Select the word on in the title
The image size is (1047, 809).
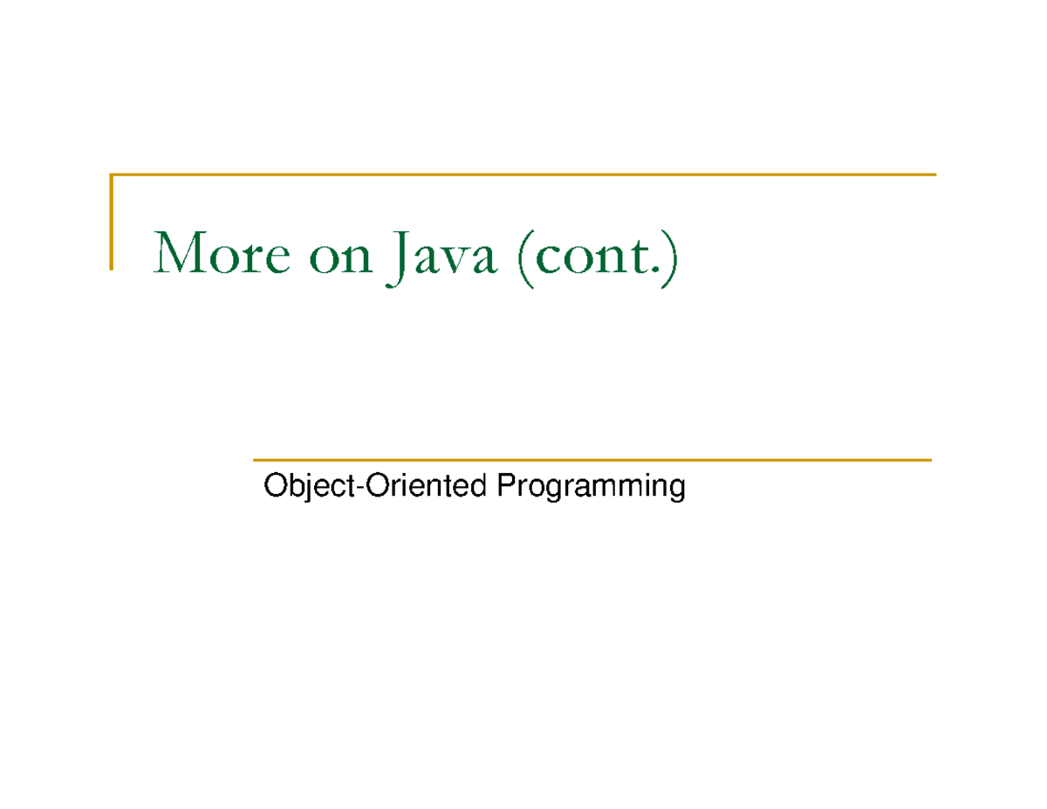pyautogui.click(x=339, y=257)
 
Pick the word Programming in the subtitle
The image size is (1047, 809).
pyautogui.click(x=590, y=487)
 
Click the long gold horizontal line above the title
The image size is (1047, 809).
pyautogui.click(x=523, y=175)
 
